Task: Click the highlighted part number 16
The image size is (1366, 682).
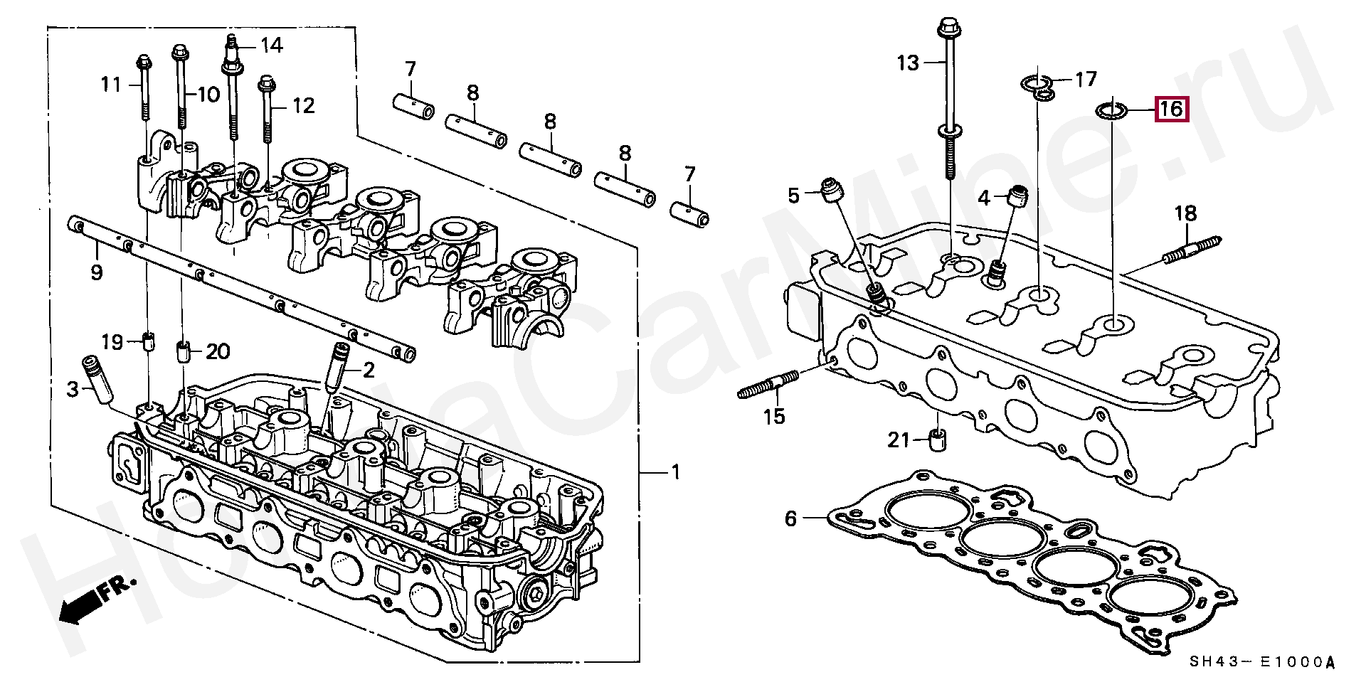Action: coord(1170,110)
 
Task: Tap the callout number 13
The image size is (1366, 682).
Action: coord(908,63)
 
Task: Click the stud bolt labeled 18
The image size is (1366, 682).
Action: coord(1193,250)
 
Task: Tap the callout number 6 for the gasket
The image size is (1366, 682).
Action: coord(791,518)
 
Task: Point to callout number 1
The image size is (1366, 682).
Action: coord(675,472)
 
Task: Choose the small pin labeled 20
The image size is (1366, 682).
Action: coord(182,351)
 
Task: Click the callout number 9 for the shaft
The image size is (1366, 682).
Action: coord(96,272)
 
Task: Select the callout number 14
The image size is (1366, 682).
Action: coord(272,46)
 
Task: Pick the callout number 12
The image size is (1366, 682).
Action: coord(304,106)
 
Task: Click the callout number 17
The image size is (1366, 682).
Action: coord(1086,78)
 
